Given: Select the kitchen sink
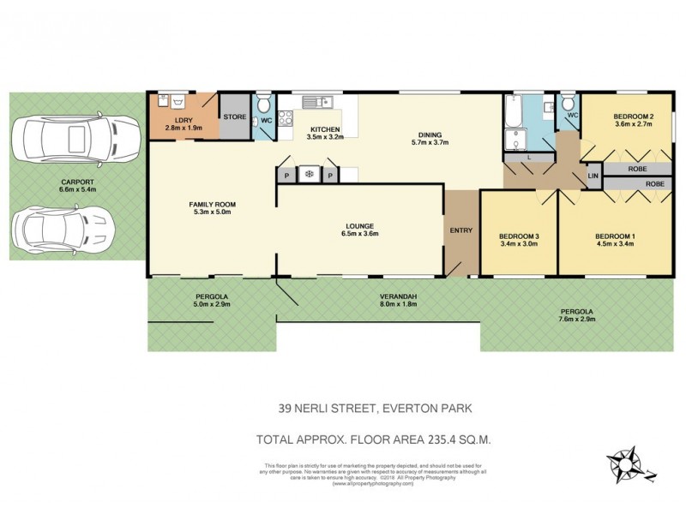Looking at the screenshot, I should [x=314, y=103].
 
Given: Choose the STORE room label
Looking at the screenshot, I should [x=234, y=117].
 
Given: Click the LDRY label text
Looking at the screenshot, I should [x=183, y=119].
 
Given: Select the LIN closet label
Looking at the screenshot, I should [x=593, y=176].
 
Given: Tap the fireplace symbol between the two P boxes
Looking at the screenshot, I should [x=307, y=175].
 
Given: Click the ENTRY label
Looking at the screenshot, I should [x=461, y=230].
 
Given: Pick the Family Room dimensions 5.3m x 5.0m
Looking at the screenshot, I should [x=212, y=213].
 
